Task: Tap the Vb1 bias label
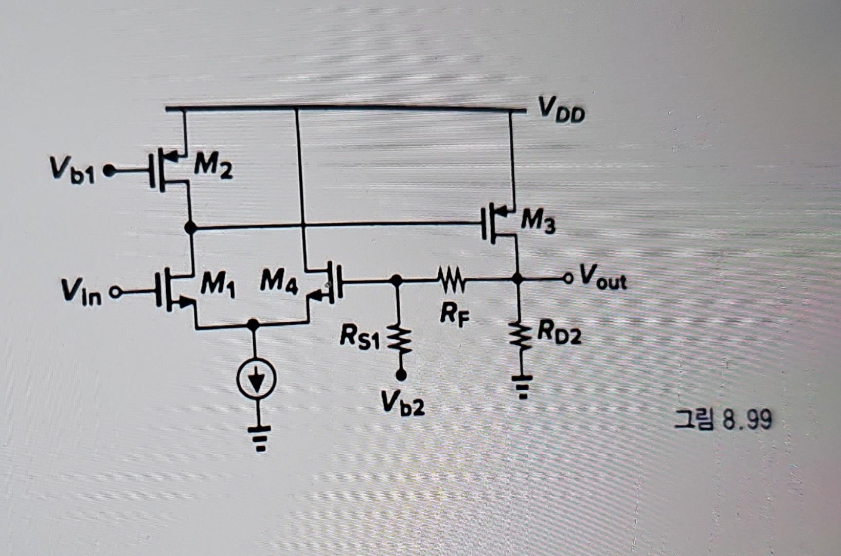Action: pyautogui.click(x=72, y=170)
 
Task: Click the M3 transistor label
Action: pyautogui.click(x=538, y=222)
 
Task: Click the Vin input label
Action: pyautogui.click(x=81, y=292)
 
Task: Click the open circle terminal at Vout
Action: pyautogui.click(x=568, y=279)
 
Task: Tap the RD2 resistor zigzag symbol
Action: pyautogui.click(x=521, y=335)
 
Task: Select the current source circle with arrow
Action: pyautogui.click(x=256, y=379)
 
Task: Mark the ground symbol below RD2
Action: pyautogui.click(x=522, y=387)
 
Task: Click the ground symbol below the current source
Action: pyautogui.click(x=260, y=437)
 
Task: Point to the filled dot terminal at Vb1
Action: pyautogui.click(x=109, y=170)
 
